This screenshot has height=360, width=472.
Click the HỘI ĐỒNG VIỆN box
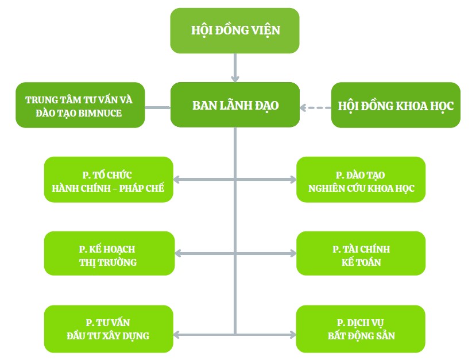[234, 30]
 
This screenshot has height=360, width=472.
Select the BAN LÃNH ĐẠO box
[235, 105]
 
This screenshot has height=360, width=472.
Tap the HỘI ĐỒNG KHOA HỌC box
[396, 105]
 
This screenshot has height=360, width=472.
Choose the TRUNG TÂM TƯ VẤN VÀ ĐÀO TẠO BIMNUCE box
[80, 105]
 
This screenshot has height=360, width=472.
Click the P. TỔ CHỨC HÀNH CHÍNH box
[109, 180]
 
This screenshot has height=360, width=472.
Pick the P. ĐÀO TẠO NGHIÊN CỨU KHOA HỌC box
[361, 180]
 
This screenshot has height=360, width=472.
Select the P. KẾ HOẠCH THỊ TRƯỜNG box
[109, 254]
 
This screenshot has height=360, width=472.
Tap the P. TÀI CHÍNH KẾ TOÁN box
[361, 254]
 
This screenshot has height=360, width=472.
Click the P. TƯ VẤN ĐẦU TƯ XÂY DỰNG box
[109, 329]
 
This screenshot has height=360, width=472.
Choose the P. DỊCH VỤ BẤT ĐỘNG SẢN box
[361, 329]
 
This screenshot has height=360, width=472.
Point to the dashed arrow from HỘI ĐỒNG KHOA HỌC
[316, 107]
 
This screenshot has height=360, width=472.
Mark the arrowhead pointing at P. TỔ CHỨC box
[177, 180]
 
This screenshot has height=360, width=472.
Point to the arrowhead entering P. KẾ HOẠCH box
[177, 254]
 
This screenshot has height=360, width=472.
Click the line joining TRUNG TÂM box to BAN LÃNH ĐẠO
[158, 107]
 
